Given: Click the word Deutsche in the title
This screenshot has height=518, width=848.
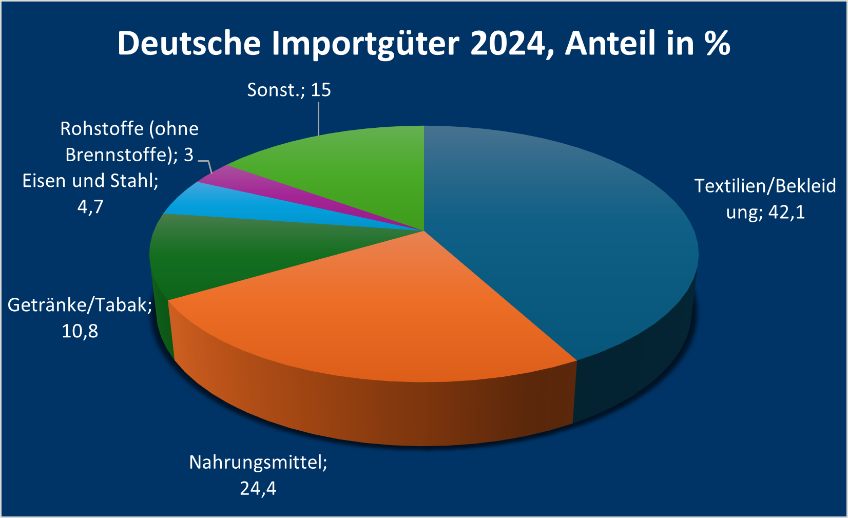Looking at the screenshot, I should pyautogui.click(x=189, y=43).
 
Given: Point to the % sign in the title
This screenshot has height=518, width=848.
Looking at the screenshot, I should pyautogui.click(x=718, y=43).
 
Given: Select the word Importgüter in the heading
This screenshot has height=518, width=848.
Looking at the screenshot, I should pyautogui.click(x=365, y=44).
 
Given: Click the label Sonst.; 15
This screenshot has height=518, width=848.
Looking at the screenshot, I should pyautogui.click(x=289, y=90).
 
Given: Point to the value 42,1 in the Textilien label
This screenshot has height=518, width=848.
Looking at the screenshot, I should pyautogui.click(x=787, y=212).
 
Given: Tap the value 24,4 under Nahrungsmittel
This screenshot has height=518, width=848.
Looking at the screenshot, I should pyautogui.click(x=258, y=488).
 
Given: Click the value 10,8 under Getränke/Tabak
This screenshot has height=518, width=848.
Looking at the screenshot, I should pyautogui.click(x=80, y=331).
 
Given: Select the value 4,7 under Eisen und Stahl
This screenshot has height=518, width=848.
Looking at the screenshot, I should pyautogui.click(x=90, y=207).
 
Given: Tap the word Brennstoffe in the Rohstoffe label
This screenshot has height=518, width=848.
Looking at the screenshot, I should pyautogui.click(x=118, y=155).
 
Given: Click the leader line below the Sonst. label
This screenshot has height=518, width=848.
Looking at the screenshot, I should pyautogui.click(x=319, y=118).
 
